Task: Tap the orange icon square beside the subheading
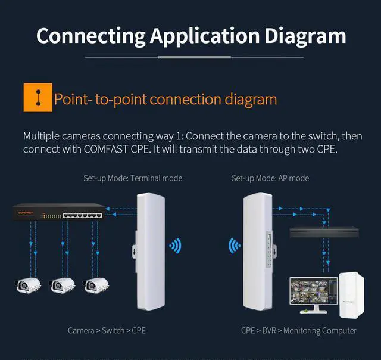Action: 36,98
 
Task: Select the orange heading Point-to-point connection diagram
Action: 165,98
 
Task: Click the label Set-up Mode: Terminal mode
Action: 133,178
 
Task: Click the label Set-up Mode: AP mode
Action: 270,178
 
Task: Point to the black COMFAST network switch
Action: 58,213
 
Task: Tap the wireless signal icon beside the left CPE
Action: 175,246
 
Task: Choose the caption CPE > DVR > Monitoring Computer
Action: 298,330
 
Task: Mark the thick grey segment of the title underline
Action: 193,57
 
